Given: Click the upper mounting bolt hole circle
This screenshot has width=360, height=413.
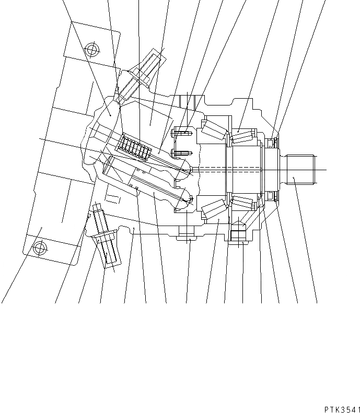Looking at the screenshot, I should coord(92,51).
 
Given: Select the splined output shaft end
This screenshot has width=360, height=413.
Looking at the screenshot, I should coord(301,170).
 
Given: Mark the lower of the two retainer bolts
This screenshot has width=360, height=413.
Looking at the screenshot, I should coord(181,152).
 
